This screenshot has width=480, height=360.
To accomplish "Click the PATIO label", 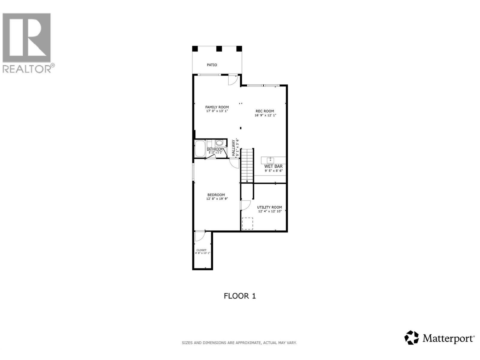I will pyautogui.click(x=212, y=65).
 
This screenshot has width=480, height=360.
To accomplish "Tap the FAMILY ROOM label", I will pyautogui.click(x=217, y=107).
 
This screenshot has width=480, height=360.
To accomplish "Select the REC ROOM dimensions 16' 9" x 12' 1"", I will pyautogui.click(x=265, y=115).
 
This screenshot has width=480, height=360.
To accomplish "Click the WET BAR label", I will pyautogui.click(x=273, y=166).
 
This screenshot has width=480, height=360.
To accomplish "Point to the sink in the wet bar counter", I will pyautogui.click(x=270, y=160).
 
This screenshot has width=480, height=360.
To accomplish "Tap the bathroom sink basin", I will pyautogui.click(x=219, y=143).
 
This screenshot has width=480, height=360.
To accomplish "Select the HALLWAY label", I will pyautogui.click(x=233, y=148).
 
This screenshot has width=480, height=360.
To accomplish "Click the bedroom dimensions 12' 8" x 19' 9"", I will pyautogui.click(x=217, y=199).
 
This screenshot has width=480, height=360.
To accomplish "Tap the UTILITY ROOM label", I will pyautogui.click(x=269, y=207).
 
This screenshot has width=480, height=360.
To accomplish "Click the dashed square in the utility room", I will pyautogui.click(x=247, y=223).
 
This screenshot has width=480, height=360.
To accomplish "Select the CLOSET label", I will pyautogui.click(x=201, y=250).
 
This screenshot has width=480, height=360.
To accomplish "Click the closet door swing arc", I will pyautogui.click(x=199, y=236).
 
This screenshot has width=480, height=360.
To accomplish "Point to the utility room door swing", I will pyautogui.click(x=245, y=205).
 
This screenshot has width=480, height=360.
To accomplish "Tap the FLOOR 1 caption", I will pyautogui.click(x=240, y=296).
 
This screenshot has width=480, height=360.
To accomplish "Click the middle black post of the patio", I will pyautogui.click(x=219, y=49).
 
